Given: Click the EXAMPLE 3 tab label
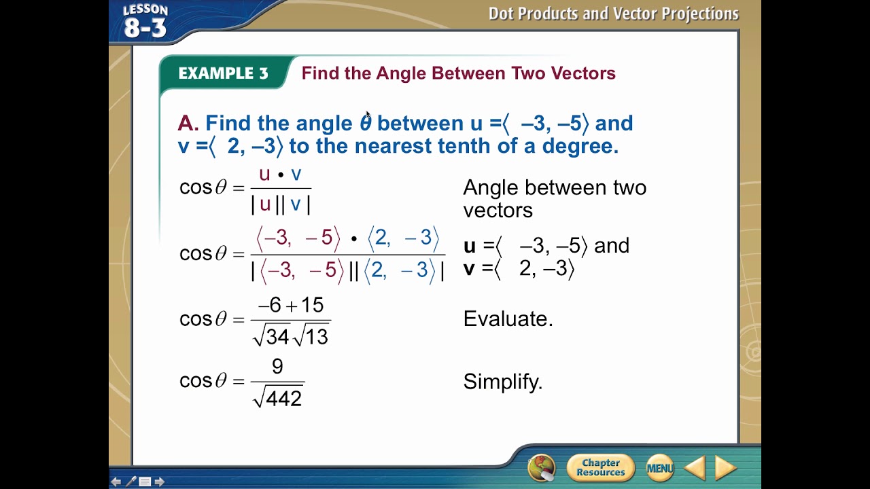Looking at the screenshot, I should coord(223,73).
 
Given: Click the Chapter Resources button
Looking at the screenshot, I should coord(600,468).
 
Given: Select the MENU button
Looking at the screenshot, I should coord(659,468).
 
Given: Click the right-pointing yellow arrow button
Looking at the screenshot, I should coord(726,468).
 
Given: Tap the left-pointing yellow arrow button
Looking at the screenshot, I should coord(695,468).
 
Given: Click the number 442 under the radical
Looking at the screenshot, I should coord(283,399).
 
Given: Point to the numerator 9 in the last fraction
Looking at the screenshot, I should coord(277,367).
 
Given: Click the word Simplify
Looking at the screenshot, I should coord(503,382).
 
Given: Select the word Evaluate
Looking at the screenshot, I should coord(508,319).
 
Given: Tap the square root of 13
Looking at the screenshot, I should coord(311,336).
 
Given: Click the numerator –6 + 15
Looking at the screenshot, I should coord(290,306).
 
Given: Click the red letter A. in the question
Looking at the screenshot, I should coord(188,123).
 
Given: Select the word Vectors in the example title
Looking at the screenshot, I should coord(582,73).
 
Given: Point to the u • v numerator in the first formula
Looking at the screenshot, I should coord(280,175).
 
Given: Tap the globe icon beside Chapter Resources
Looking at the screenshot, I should coord(542,467).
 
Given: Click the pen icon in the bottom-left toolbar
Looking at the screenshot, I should coord(130,482).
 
